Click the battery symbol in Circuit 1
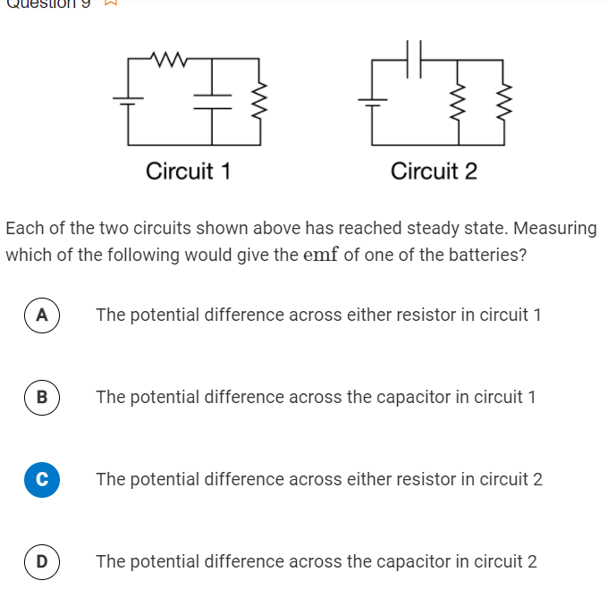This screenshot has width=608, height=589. (x=128, y=100)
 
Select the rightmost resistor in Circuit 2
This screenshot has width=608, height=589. (x=504, y=100)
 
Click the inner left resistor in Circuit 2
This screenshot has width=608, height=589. (x=460, y=100)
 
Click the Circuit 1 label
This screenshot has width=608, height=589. (x=189, y=171)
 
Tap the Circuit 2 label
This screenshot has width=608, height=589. (x=434, y=171)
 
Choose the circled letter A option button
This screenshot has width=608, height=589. (x=41, y=315)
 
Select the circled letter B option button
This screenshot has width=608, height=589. (x=41, y=397)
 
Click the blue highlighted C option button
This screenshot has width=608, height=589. (x=41, y=479)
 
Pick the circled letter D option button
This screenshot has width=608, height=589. (x=41, y=561)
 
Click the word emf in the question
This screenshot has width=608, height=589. (x=322, y=255)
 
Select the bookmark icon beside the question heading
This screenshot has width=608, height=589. (x=112, y=3)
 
